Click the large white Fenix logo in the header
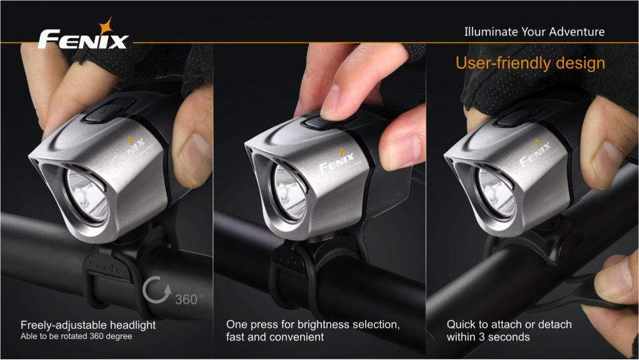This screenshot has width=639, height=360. pos(82,39)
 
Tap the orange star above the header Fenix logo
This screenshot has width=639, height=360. pos(106,25)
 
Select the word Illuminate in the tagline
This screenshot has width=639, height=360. pos(489,32)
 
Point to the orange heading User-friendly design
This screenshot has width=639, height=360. pos(530,63)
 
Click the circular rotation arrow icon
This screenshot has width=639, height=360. pos(157,290)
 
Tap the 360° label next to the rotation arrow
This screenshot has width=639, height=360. pos(188,299)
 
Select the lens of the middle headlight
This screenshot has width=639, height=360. pos(290,192)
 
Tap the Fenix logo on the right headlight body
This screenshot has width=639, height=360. pos(535,154)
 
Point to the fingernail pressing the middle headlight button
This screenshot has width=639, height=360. pos(331,99)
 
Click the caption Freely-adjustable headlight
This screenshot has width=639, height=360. pos(88,325)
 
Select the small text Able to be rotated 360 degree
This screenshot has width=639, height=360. pos(76,336)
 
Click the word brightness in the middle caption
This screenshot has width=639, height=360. pos(324,325)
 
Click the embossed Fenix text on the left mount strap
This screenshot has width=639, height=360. pos(105,267)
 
